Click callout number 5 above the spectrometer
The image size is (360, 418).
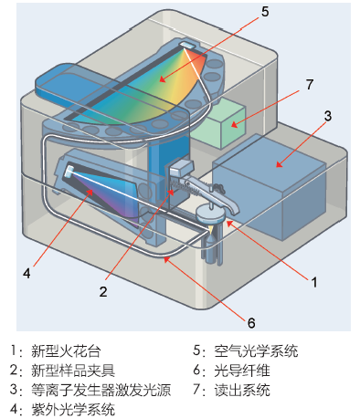coord(265,12)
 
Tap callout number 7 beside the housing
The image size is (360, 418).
coord(310,84)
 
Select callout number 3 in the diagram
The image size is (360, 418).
coord(327,116)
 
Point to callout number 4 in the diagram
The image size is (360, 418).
coord(26,273)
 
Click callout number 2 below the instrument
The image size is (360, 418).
coord(103,291)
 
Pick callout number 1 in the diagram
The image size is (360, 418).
coord(314,282)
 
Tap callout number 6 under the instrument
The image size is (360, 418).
coord(251,323)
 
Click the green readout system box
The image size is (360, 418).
coord(220,123)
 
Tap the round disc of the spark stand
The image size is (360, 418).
coord(211,214)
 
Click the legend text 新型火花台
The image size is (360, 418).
coord(66,351)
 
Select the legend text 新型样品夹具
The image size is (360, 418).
coord(73,371)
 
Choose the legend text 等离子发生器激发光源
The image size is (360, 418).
coord(101,390)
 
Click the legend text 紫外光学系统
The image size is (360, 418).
coord(73,410)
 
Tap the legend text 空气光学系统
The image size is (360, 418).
coord(256,351)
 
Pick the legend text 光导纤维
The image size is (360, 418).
coord(242,371)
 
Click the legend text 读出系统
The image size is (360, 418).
coord(242,390)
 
